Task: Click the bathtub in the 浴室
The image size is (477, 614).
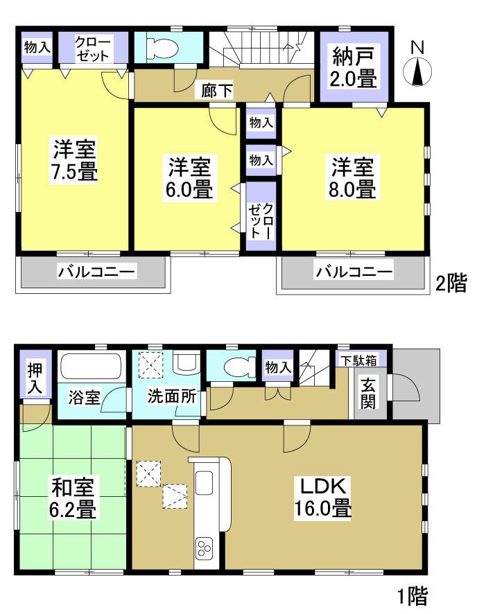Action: (91, 367)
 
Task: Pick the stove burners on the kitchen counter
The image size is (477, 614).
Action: (206, 550)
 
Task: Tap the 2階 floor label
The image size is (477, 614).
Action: (450, 283)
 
